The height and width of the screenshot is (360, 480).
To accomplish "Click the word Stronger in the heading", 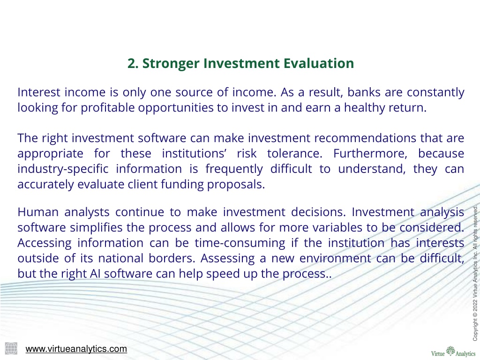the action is click(x=171, y=64).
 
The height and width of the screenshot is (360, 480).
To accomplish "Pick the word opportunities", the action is click(x=176, y=108).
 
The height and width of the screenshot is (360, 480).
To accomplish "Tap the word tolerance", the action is click(x=294, y=153).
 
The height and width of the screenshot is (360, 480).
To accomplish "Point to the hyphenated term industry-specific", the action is click(x=63, y=169).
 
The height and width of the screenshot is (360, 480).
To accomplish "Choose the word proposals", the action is click(x=236, y=184).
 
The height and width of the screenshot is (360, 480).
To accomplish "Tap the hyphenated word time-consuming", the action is click(x=240, y=243).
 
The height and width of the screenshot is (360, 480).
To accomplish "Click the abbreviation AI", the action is click(x=95, y=274).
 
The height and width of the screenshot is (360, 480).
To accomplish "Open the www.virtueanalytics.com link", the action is click(x=76, y=349).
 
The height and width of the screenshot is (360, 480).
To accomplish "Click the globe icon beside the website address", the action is click(x=11, y=348).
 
